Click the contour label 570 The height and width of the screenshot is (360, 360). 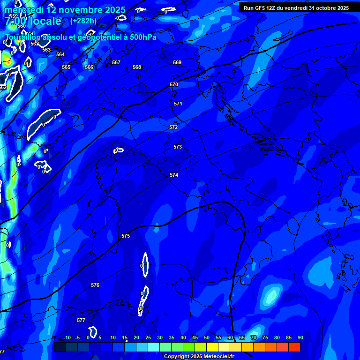(x=174, y=84)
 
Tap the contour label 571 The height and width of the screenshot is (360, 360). (x=178, y=104)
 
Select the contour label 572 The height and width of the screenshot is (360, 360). (x=173, y=127)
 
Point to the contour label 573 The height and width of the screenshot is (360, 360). (x=178, y=147)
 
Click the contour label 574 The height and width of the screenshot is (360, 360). (x=174, y=175)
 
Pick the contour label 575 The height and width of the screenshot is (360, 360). (x=126, y=236)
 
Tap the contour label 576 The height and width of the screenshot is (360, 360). (x=95, y=285)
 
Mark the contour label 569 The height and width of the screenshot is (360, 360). (x=177, y=62)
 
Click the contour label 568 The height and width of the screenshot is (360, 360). (x=137, y=67)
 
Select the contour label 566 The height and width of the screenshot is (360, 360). (x=89, y=67)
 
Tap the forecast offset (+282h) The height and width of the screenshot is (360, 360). (x=83, y=21)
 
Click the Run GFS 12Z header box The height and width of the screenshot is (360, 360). (x=296, y=7)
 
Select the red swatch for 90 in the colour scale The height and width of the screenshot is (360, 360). (x=294, y=347)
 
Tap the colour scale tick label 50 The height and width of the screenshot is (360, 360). (x=207, y=338)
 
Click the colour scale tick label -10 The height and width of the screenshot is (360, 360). (x=67, y=338)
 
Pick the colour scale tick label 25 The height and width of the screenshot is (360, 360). (x=148, y=338)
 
